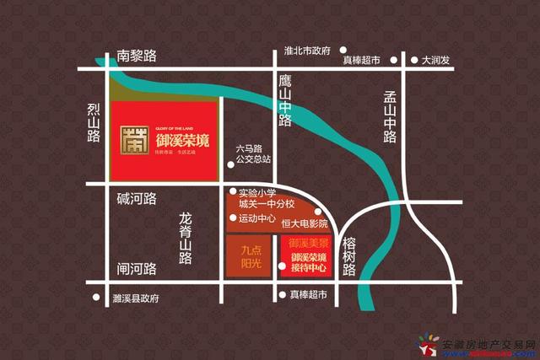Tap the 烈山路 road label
tap(94, 126)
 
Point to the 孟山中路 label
tap(389, 117)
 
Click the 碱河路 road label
tap(138, 199)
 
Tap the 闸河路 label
tap(138, 270)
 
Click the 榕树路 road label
tap(350, 256)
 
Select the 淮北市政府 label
tap(307, 51)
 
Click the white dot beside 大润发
tap(413, 61)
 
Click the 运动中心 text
tap(258, 218)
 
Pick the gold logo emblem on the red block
tap(132, 141)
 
